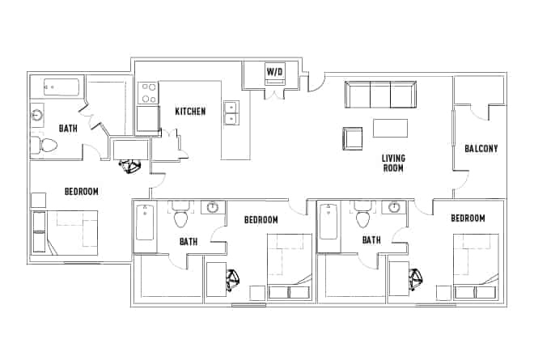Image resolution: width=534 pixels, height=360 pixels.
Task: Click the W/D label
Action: [x=275, y=73]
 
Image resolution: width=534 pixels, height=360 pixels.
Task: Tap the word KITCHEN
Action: [x=190, y=111]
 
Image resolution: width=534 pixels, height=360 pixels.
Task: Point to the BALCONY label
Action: [x=481, y=149]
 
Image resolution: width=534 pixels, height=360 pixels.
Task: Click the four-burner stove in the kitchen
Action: [x=149, y=93]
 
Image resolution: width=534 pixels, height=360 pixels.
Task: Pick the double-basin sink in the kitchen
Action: [x=231, y=112]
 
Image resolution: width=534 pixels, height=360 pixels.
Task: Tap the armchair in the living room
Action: [x=353, y=139]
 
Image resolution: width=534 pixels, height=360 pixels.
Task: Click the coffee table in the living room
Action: [x=390, y=129]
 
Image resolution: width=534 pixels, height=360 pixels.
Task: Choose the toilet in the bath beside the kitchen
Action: [x=45, y=146]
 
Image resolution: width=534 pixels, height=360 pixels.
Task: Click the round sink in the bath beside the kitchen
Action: [x=37, y=116]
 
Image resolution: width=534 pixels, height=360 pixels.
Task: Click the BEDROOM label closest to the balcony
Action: [x=468, y=218]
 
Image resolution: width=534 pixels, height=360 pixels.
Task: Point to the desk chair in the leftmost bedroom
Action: [x=129, y=165]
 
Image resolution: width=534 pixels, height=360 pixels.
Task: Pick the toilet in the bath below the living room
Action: [x=363, y=218]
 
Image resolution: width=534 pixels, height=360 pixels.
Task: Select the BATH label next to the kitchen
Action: [x=68, y=128]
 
